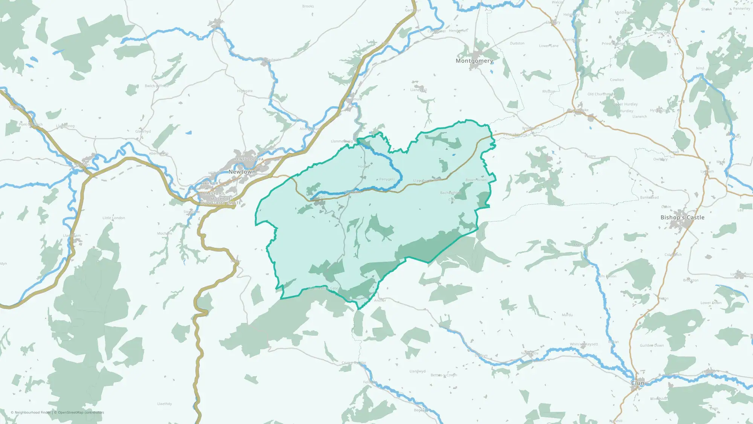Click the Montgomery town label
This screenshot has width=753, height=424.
click(474, 61)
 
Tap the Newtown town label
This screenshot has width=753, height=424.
click(242, 172)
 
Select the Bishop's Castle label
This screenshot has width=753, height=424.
click(682, 217)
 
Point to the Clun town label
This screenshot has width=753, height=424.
click(638, 383)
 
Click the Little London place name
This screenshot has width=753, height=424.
click(114, 218)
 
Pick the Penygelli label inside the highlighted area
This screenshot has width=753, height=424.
click(387, 179)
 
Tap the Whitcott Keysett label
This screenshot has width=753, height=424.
click(584, 344)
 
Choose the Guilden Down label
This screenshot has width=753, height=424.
click(652, 345)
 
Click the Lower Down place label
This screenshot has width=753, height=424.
click(711, 303)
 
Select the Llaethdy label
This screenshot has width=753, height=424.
click(165, 404)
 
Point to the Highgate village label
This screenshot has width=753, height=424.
click(245, 91)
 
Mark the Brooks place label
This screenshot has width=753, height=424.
click(308, 6)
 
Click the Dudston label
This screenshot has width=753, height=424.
click(517, 43)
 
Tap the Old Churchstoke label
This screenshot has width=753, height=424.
click(601, 94)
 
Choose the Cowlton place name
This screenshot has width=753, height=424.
click(617, 80)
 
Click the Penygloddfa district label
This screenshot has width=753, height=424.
click(249, 159)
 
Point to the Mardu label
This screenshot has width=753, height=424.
click(567, 315)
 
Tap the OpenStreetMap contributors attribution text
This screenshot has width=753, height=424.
click(81, 412)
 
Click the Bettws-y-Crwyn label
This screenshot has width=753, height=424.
click(444, 375)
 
